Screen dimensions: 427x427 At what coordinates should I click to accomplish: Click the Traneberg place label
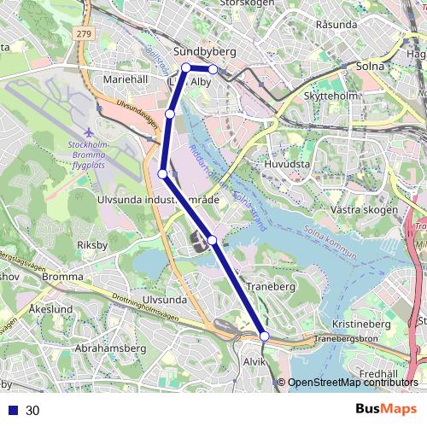(270, 288)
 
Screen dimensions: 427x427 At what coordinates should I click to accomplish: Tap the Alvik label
(255, 363)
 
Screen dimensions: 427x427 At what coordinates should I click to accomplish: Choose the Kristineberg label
(360, 325)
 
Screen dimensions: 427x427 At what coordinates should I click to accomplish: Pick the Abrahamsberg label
(111, 348)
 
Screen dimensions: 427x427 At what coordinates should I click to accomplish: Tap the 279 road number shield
(82, 33)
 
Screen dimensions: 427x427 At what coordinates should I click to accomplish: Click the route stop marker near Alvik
(265, 337)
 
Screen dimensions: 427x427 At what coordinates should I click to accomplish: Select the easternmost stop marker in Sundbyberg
(213, 69)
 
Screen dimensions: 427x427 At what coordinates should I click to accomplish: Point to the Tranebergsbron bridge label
(345, 339)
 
